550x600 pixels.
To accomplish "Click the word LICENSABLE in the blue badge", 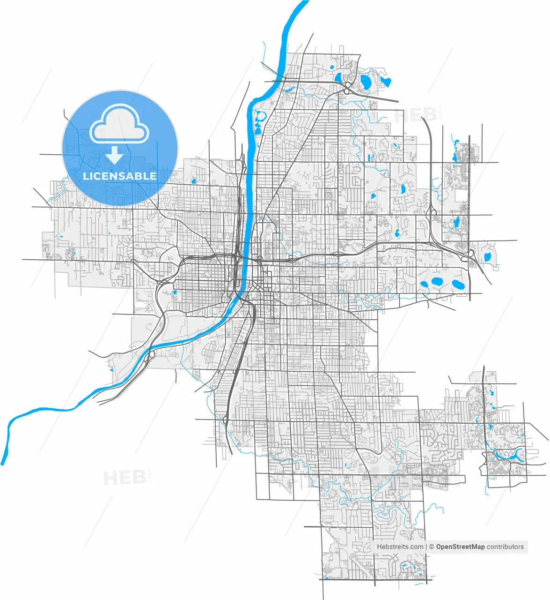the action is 120,176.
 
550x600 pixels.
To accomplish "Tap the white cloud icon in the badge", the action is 119,124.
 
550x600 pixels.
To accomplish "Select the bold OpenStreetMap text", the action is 460,547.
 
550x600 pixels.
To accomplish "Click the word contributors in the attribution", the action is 505,547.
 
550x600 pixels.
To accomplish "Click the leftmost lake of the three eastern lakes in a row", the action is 425,284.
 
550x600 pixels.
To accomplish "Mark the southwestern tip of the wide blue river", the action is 4,462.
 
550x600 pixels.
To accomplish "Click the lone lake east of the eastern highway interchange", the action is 487,257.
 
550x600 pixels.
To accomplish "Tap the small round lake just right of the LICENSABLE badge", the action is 193,180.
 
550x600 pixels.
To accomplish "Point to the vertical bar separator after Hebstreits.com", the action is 426,547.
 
